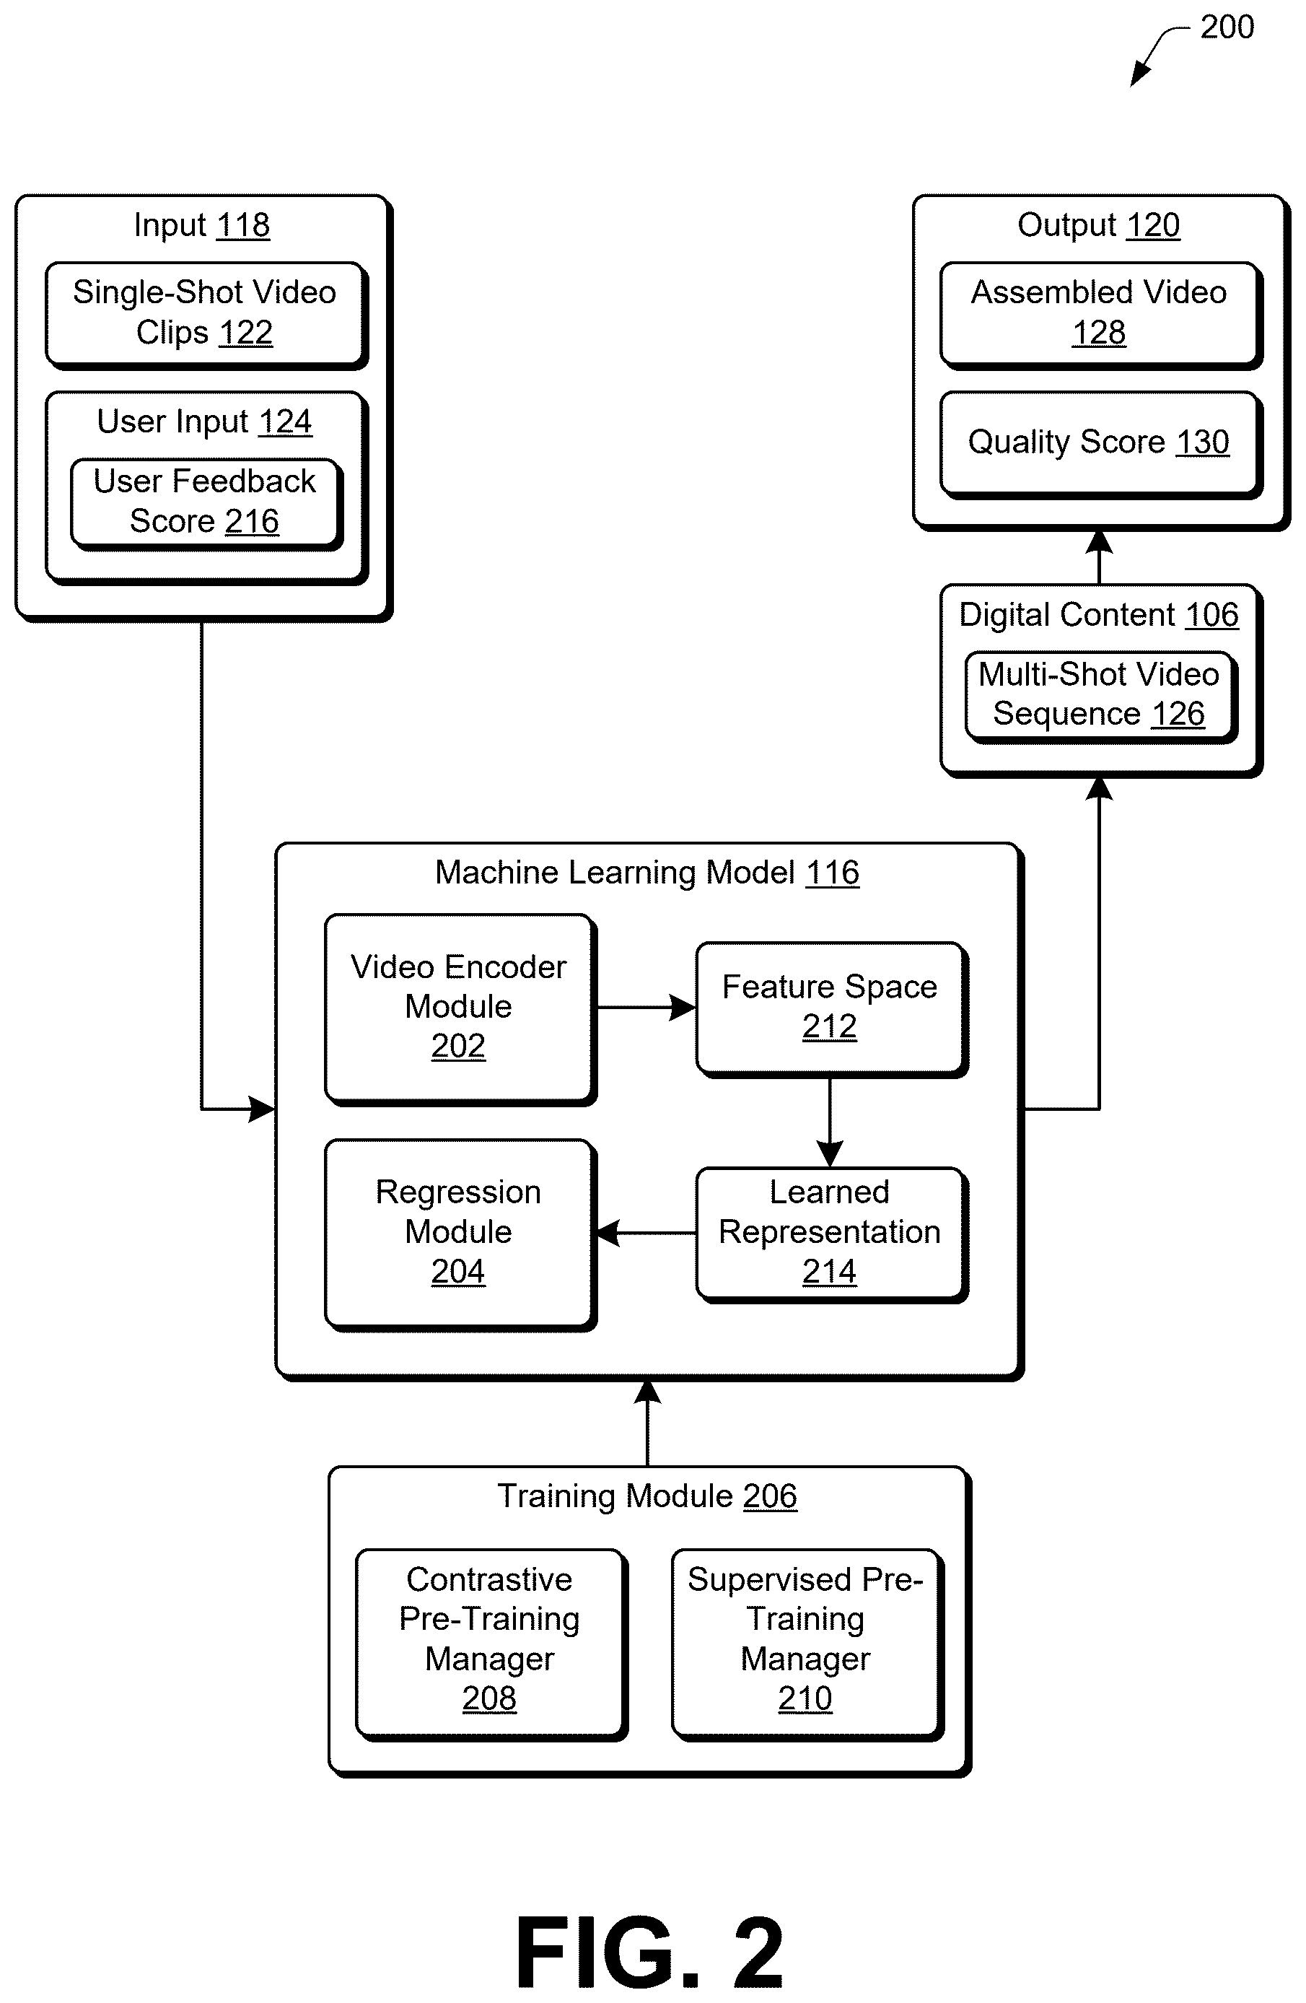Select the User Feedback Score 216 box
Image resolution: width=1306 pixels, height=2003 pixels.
pos(206,504)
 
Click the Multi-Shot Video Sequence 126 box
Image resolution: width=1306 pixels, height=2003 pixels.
pos(1100,697)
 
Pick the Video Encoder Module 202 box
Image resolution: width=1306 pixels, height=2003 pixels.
pos(460,1009)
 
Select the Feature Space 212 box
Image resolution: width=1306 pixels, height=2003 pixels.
pos(831,1009)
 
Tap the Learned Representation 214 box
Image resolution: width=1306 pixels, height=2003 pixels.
pos(831,1234)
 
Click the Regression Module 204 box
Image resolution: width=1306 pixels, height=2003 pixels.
pos(460,1234)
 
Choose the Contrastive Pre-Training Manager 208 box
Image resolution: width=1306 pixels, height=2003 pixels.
pos(491,1644)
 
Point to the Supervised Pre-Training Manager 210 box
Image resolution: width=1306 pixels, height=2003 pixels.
pos(807,1644)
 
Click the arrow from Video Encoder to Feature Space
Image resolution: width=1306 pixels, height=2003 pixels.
pos(646,1008)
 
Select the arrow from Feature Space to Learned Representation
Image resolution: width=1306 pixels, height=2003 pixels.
pos(830,1122)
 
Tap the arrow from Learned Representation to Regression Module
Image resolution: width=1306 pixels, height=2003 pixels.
pos(647,1233)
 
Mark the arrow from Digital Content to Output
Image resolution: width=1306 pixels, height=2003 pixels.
pos(1099,557)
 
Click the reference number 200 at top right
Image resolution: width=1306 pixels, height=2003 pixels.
pos(1227,27)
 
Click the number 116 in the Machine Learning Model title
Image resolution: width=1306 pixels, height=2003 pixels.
pos(832,873)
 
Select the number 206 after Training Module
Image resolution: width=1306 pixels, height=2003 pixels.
pos(769,1496)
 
